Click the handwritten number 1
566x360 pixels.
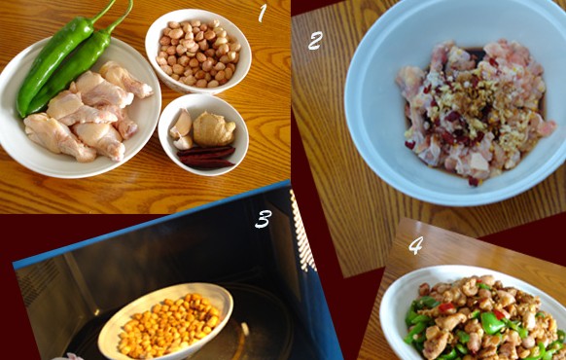click(263, 14)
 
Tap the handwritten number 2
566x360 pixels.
click(315, 41)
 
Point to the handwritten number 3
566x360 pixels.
click(264, 219)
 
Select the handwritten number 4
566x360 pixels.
click(415, 245)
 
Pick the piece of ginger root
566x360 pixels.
click(214, 128)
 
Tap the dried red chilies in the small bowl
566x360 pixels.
click(206, 157)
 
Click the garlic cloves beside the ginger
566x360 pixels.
click(182, 129)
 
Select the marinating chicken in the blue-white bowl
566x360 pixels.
click(476, 110)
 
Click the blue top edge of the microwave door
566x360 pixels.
click(151, 224)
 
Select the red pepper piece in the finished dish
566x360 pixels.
click(446, 308)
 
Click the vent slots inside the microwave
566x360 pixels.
click(302, 232)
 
